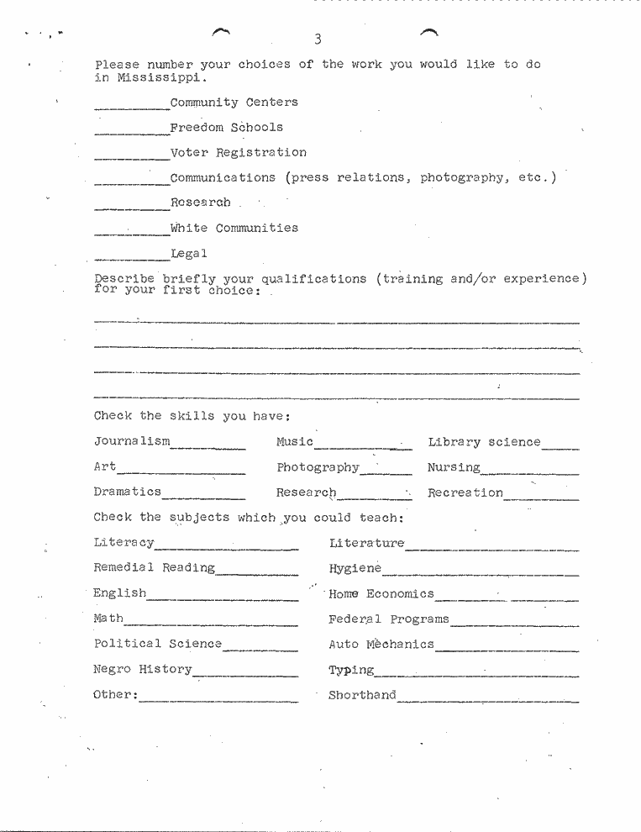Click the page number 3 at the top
coord(318,39)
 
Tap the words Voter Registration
coord(238,153)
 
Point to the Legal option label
coord(188,253)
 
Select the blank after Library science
coord(560,445)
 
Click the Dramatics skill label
coord(127,492)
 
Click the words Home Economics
coord(381,593)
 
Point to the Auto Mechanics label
coord(381,645)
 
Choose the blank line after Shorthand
coord(487,698)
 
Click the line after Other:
coord(218,698)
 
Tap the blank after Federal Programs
coord(514,623)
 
